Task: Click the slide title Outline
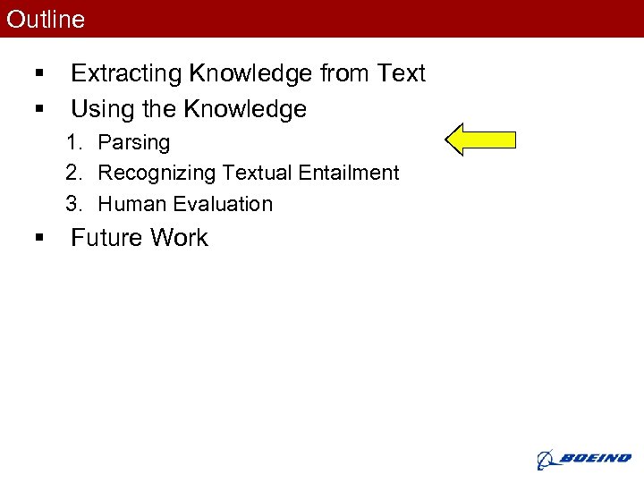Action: tap(46, 20)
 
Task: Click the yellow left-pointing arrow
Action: tap(480, 139)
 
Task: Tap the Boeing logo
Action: tap(583, 458)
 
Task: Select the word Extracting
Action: tap(125, 73)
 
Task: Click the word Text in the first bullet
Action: tap(401, 73)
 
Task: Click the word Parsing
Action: tap(133, 142)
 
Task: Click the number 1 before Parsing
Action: tap(72, 142)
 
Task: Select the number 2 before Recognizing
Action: tap(72, 173)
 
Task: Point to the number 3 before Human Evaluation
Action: tap(72, 204)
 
